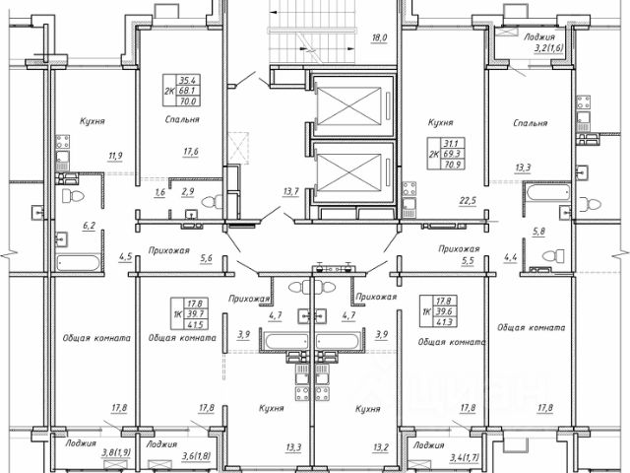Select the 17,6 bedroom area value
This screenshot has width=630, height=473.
point(191,151)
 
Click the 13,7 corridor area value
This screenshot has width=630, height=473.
point(290,190)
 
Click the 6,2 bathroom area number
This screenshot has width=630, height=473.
point(89,226)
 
